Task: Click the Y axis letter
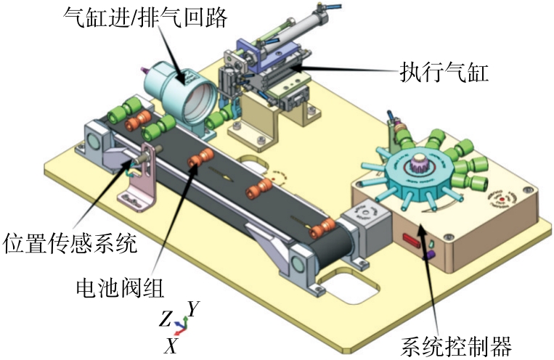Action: point(192,309)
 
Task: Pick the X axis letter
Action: point(171,346)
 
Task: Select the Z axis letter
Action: point(166,319)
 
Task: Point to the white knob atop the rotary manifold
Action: point(419,165)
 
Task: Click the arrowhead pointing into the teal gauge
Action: point(176,78)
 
